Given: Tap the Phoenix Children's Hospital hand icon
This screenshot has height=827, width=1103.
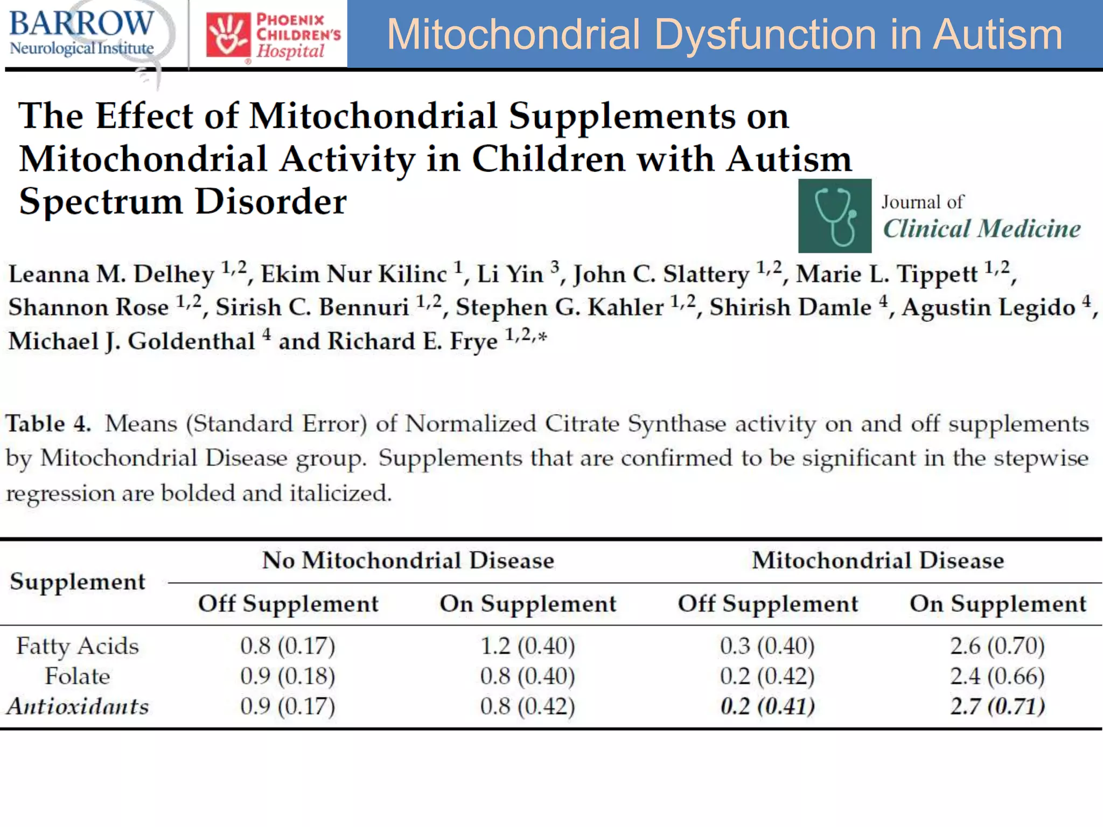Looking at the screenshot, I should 228,34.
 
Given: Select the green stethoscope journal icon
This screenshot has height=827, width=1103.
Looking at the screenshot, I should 834,216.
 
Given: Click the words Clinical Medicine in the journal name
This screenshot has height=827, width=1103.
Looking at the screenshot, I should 981,229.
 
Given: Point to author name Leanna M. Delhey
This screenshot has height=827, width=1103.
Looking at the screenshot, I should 111,274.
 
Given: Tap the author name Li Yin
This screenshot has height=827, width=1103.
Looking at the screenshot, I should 510,274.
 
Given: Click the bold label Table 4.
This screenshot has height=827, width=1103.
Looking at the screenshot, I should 48,424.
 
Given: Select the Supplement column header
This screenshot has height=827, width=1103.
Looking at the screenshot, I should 78,581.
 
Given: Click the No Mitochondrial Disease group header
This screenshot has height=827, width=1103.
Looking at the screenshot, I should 408,560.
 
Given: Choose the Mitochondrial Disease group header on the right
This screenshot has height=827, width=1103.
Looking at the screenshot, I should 878,560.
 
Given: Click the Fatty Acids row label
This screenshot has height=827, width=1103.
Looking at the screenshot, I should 78,646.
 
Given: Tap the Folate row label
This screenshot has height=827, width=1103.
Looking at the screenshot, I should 78,676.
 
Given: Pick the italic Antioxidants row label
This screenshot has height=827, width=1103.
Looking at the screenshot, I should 78,706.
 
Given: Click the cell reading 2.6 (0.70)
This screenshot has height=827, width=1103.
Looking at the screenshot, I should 997,646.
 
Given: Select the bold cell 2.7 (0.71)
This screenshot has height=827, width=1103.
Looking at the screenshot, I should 997,706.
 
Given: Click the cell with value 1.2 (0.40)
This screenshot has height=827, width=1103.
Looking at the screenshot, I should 527,646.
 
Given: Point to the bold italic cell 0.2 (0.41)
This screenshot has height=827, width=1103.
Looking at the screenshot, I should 767,706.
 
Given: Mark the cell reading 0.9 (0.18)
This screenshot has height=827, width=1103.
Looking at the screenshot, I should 288,676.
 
